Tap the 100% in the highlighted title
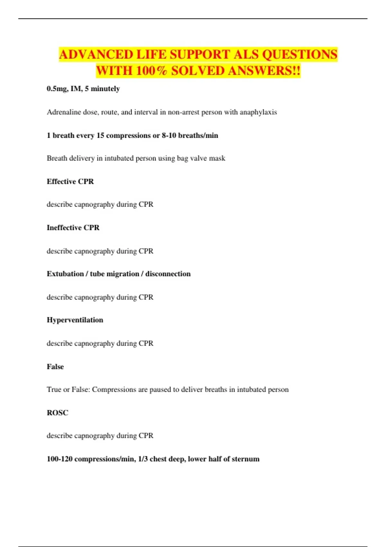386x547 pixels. [x=151, y=71]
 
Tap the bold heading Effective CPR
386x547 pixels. [x=70, y=181]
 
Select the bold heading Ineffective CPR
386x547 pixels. [x=73, y=228]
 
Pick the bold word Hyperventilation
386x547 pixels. [x=75, y=320]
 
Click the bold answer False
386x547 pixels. [x=55, y=367]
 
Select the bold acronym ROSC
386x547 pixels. [x=57, y=413]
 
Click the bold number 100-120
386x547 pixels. [x=60, y=459]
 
